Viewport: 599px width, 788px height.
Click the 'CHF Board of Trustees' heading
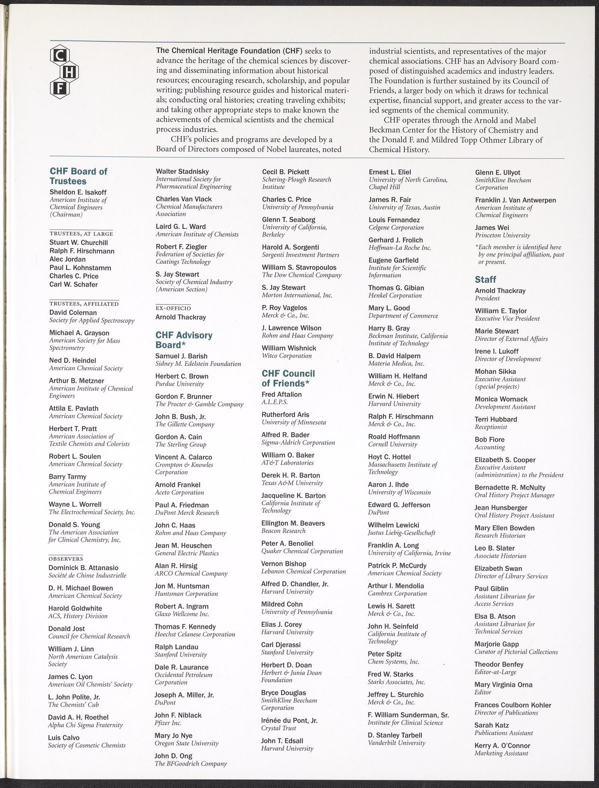[x=78, y=176]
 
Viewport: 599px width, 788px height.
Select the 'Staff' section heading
[x=485, y=280]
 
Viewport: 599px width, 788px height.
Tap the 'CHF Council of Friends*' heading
[x=288, y=378]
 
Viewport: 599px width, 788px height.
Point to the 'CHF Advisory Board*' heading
[x=184, y=340]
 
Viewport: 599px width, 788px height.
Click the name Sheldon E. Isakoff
[x=78, y=192]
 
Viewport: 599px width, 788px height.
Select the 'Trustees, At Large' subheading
[x=81, y=233]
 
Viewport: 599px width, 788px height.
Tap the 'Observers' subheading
[x=66, y=558]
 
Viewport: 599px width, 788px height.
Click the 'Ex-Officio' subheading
[x=173, y=308]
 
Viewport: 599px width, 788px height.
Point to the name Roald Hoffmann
[x=394, y=437]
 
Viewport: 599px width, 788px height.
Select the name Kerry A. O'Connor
[x=502, y=746]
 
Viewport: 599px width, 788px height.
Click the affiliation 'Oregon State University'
[x=187, y=743]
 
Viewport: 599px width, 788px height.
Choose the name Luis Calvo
[x=64, y=738]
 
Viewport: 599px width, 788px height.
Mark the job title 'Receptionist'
[x=491, y=427]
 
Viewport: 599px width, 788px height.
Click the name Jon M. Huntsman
[x=182, y=586]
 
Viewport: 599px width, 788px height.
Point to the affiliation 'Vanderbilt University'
[x=397, y=743]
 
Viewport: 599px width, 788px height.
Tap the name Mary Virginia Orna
[x=503, y=685]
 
